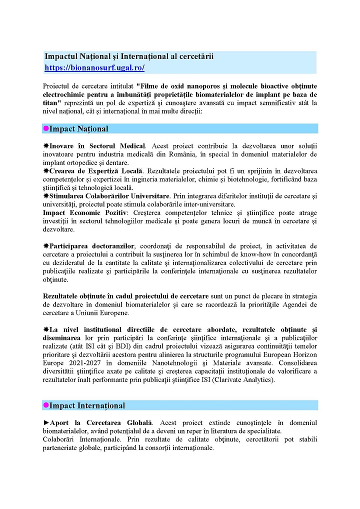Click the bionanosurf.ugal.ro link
click(x=94, y=67)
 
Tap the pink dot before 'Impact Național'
click(x=45, y=128)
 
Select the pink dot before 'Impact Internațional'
click(x=45, y=405)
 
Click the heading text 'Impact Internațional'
click(x=87, y=405)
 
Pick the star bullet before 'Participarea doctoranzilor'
click(x=45, y=246)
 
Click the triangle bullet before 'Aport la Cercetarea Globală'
click(x=46, y=423)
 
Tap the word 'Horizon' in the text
click(x=304, y=355)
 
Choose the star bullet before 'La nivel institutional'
click(x=45, y=330)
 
